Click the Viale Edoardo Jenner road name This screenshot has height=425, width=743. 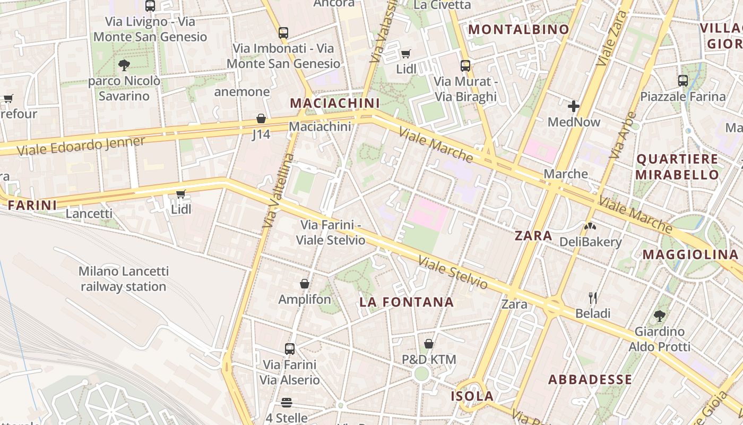81,146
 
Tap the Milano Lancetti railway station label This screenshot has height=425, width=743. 124,279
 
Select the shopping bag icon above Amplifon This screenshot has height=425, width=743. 305,284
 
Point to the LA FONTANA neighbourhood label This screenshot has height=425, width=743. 407,302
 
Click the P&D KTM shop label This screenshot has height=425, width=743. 429,360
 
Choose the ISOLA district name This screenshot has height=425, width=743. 472,396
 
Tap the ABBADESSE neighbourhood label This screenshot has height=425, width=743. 590,380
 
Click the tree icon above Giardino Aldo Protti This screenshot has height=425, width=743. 660,316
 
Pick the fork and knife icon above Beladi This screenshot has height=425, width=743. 593,297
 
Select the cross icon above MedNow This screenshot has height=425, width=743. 574,106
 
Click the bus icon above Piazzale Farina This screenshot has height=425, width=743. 683,81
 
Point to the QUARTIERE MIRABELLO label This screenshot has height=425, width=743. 677,167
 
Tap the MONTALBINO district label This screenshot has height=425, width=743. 519,30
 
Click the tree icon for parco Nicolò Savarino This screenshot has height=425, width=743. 124,65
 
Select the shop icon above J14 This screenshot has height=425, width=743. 261,118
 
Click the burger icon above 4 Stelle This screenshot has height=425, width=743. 287,402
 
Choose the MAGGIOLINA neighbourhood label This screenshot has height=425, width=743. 690,255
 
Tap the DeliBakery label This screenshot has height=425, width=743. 590,242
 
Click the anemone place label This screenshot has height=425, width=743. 242,92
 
